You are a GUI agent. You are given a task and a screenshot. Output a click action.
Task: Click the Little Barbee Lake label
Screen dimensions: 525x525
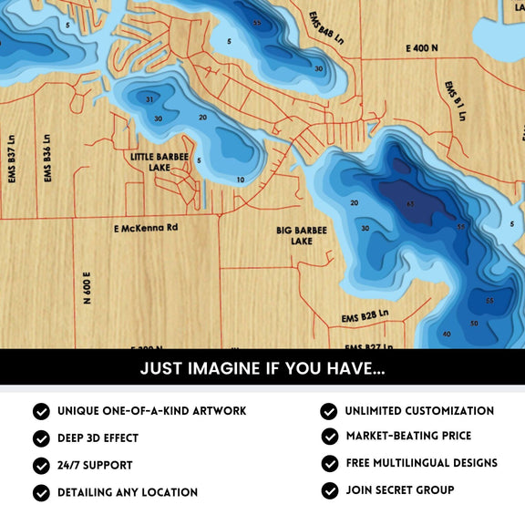coord(160,162)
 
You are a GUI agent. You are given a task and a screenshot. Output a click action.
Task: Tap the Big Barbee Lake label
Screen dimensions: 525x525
coord(301,236)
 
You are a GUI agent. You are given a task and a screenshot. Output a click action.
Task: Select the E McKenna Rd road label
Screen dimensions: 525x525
coord(146,227)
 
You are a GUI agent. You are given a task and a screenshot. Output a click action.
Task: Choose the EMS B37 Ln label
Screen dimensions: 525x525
coord(12,160)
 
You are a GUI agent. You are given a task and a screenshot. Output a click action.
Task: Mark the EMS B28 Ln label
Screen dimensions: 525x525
coord(365,315)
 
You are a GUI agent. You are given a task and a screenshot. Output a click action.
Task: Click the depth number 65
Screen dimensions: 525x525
coord(410,203)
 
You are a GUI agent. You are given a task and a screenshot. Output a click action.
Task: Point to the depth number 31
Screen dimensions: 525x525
coord(149,99)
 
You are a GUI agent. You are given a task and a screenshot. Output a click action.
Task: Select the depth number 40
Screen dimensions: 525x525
coord(446,335)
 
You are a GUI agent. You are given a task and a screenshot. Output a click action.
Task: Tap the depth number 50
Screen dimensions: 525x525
coord(473,324)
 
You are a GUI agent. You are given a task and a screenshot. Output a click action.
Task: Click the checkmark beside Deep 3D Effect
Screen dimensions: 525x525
coord(41,438)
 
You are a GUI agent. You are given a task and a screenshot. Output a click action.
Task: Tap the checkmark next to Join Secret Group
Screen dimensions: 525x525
coord(329,490)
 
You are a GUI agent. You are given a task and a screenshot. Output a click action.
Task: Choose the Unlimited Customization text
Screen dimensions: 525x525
coord(419,411)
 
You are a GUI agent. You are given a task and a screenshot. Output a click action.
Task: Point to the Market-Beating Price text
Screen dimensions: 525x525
coord(407,437)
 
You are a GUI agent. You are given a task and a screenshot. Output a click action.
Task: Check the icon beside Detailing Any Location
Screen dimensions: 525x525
coord(41,492)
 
